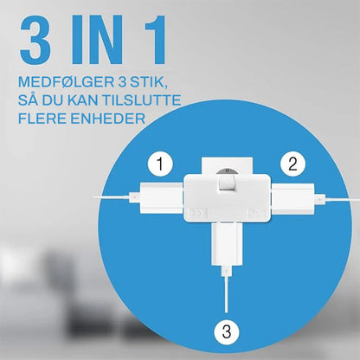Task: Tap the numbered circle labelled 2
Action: pyautogui.click(x=292, y=162)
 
